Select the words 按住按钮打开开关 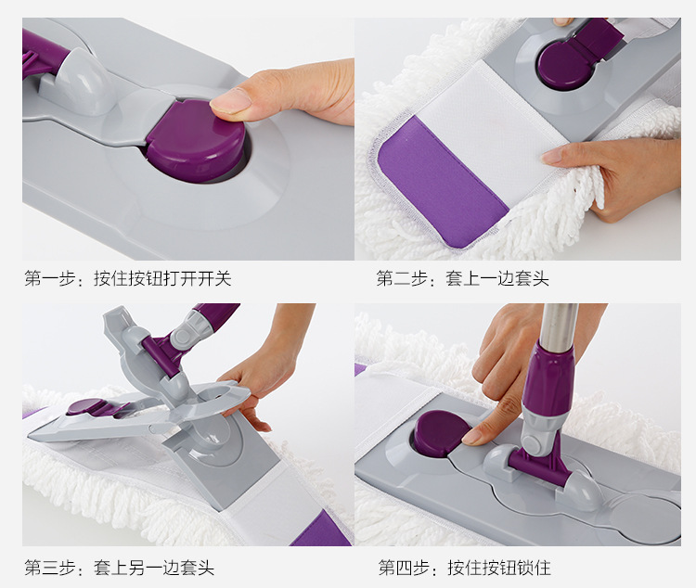click(161, 278)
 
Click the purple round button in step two click(561, 65)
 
